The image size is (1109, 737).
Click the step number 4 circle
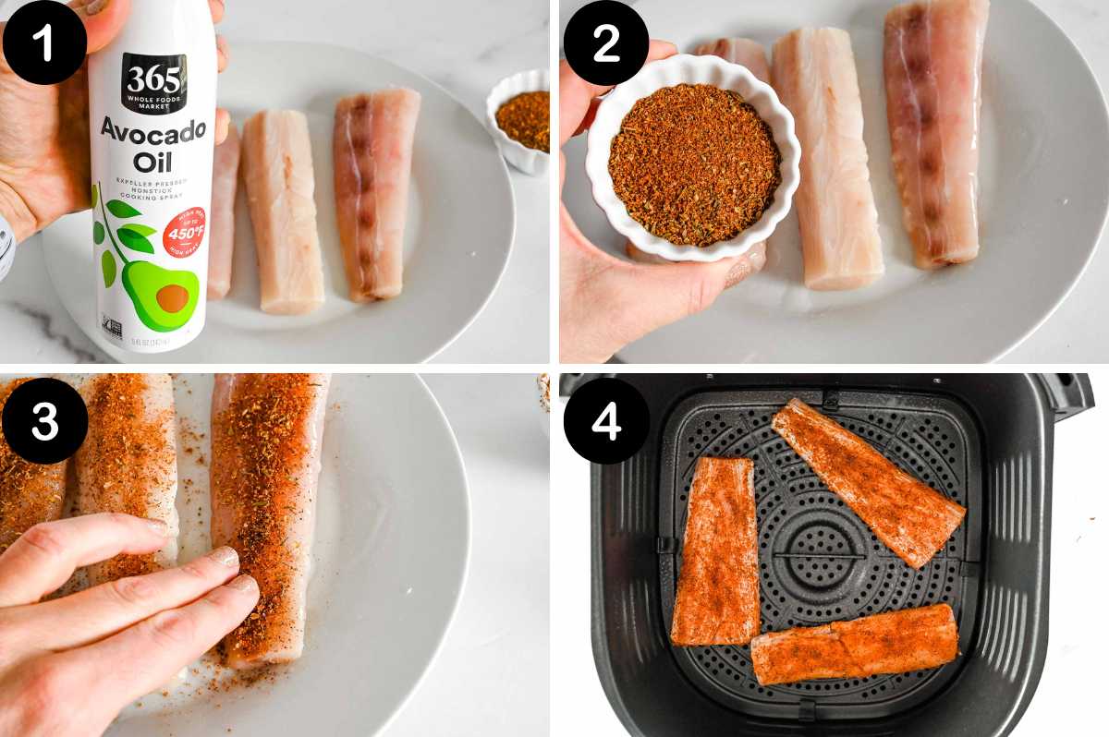coord(606,420)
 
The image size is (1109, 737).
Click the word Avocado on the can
coord(152,131)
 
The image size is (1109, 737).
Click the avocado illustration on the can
coord(161,296)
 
